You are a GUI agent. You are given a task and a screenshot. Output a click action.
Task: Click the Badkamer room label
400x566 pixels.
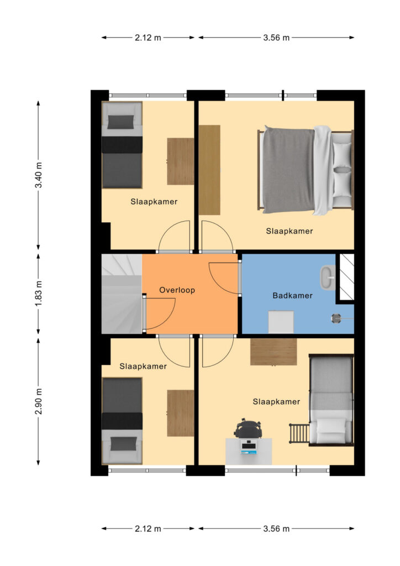coord(292,296)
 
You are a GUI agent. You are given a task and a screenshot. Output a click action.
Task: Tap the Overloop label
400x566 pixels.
coord(177,290)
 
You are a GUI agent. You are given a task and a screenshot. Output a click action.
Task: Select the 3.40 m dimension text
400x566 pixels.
coord(39,175)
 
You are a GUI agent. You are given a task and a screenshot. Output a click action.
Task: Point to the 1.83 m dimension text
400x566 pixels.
coord(39,293)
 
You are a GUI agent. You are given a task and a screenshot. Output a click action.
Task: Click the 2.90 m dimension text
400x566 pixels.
coord(39,401)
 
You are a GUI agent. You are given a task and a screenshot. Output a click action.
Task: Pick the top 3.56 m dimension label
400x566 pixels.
coord(276,38)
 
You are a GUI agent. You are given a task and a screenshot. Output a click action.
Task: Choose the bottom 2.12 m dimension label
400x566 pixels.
coord(148,529)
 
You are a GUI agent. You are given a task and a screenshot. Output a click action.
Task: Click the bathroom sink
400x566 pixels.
coord(328,277)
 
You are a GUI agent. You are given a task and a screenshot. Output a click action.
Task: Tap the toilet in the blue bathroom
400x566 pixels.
coord(281,322)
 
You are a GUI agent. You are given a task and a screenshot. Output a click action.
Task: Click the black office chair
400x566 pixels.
coord(248,428)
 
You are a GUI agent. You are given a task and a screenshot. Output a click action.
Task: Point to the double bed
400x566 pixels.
coord(305,170)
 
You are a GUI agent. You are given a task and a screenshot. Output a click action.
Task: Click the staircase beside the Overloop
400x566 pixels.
coord(122,294)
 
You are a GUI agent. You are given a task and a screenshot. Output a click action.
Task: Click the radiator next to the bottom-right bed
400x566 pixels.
coord(299,433)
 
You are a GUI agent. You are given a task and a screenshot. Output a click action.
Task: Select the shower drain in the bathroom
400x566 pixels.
coord(336,318)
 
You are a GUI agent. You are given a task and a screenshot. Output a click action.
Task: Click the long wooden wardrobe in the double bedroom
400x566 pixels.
coord(209,170)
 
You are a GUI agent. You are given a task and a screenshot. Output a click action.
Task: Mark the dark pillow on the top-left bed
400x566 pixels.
coord(120,122)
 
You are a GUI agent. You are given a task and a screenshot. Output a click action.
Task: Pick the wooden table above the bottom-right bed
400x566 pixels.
coord(273,352)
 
